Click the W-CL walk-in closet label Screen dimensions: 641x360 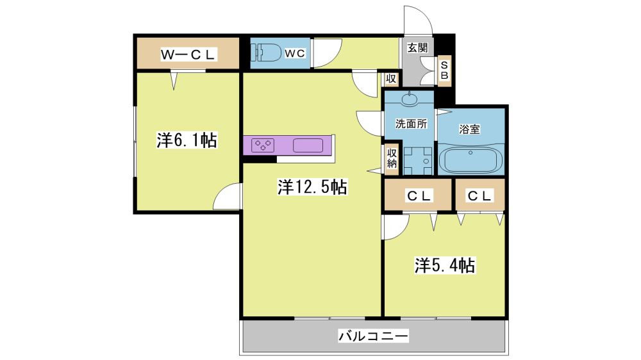(188, 54)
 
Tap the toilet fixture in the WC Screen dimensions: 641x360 (266, 53)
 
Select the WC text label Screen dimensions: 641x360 (295, 53)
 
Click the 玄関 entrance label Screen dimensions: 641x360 (417, 48)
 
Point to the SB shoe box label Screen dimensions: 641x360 (444, 70)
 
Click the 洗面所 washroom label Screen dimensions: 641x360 (412, 124)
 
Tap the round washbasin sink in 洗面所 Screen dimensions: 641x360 (409, 99)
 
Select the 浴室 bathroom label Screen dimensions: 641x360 (470, 129)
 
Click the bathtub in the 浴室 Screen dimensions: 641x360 (470, 160)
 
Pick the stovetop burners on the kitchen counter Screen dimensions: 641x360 (263, 145)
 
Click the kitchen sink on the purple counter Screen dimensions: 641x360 (308, 145)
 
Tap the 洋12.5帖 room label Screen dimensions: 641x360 (312, 187)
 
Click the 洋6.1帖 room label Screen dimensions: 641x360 (187, 140)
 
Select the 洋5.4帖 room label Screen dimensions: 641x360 (445, 265)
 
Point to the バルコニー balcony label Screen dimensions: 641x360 (373, 336)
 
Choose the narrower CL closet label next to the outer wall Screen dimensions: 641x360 (479, 196)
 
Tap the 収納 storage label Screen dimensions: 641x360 (392, 158)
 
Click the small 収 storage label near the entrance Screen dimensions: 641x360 (391, 78)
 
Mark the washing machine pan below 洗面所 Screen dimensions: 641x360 (418, 161)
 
